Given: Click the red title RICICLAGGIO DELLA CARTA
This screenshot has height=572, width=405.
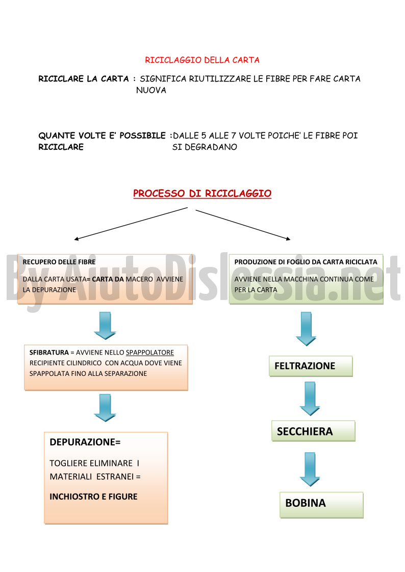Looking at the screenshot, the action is (202, 60).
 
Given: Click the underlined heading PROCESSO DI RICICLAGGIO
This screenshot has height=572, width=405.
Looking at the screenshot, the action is (202, 194).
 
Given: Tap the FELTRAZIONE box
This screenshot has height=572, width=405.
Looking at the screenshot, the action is (311, 366).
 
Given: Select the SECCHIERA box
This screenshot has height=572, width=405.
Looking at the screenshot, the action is (313, 431).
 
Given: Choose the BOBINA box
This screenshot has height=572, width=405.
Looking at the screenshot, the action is (321, 505).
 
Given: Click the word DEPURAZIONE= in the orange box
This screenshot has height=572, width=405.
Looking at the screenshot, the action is (85, 442).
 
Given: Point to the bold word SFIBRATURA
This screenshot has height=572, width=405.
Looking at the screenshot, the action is (49, 352).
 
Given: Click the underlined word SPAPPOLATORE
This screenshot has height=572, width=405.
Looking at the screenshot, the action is (150, 352).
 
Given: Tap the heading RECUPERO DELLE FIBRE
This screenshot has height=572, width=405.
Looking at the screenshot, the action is (59, 262).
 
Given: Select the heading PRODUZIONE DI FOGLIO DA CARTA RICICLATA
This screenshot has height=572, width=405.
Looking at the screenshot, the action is (306, 262).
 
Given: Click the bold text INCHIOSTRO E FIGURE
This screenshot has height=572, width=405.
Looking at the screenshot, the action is (93, 497).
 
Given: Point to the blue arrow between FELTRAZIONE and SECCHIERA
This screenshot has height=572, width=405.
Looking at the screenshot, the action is (310, 399).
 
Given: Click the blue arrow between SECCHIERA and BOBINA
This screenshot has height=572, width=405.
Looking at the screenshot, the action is (310, 470).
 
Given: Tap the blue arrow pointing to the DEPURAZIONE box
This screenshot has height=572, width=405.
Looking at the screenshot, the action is (105, 408).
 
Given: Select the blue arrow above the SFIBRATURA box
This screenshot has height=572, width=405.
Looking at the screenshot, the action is (105, 326).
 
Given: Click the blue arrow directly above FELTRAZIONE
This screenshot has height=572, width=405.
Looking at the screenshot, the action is (306, 329).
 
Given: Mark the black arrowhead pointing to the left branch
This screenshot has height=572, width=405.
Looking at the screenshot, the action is (76, 239).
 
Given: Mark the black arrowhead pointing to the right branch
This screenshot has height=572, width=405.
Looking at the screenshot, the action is (289, 239).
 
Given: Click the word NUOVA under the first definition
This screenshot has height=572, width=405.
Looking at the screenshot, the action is (151, 90).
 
